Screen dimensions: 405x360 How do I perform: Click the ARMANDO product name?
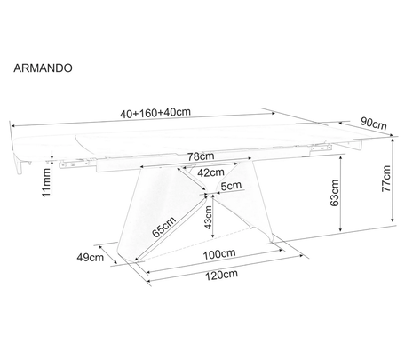[43, 68]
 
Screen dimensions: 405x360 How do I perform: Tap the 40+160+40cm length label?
[155, 113]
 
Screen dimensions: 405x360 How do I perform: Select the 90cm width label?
[374, 124]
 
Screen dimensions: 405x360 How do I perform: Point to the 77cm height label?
[385, 179]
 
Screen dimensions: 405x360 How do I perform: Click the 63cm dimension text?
[334, 193]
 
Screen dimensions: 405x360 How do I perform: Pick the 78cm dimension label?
[201, 156]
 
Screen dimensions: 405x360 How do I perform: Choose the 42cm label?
[210, 172]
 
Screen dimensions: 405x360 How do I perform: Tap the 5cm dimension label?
[231, 186]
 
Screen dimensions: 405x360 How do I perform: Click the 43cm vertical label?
[209, 217]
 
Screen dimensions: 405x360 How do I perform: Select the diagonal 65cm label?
[164, 227]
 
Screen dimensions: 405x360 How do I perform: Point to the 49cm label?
[91, 258]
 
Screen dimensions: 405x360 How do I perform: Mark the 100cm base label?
[219, 254]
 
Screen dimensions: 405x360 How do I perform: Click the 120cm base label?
[221, 275]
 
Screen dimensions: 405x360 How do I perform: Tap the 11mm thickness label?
[46, 182]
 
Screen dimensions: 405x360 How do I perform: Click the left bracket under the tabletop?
[74, 164]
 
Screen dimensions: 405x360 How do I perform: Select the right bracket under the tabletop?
[321, 148]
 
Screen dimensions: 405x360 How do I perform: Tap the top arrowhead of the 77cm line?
[393, 140]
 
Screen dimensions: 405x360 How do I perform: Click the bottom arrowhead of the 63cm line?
[341, 228]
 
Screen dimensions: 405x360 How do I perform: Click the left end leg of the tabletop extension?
[20, 166]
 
